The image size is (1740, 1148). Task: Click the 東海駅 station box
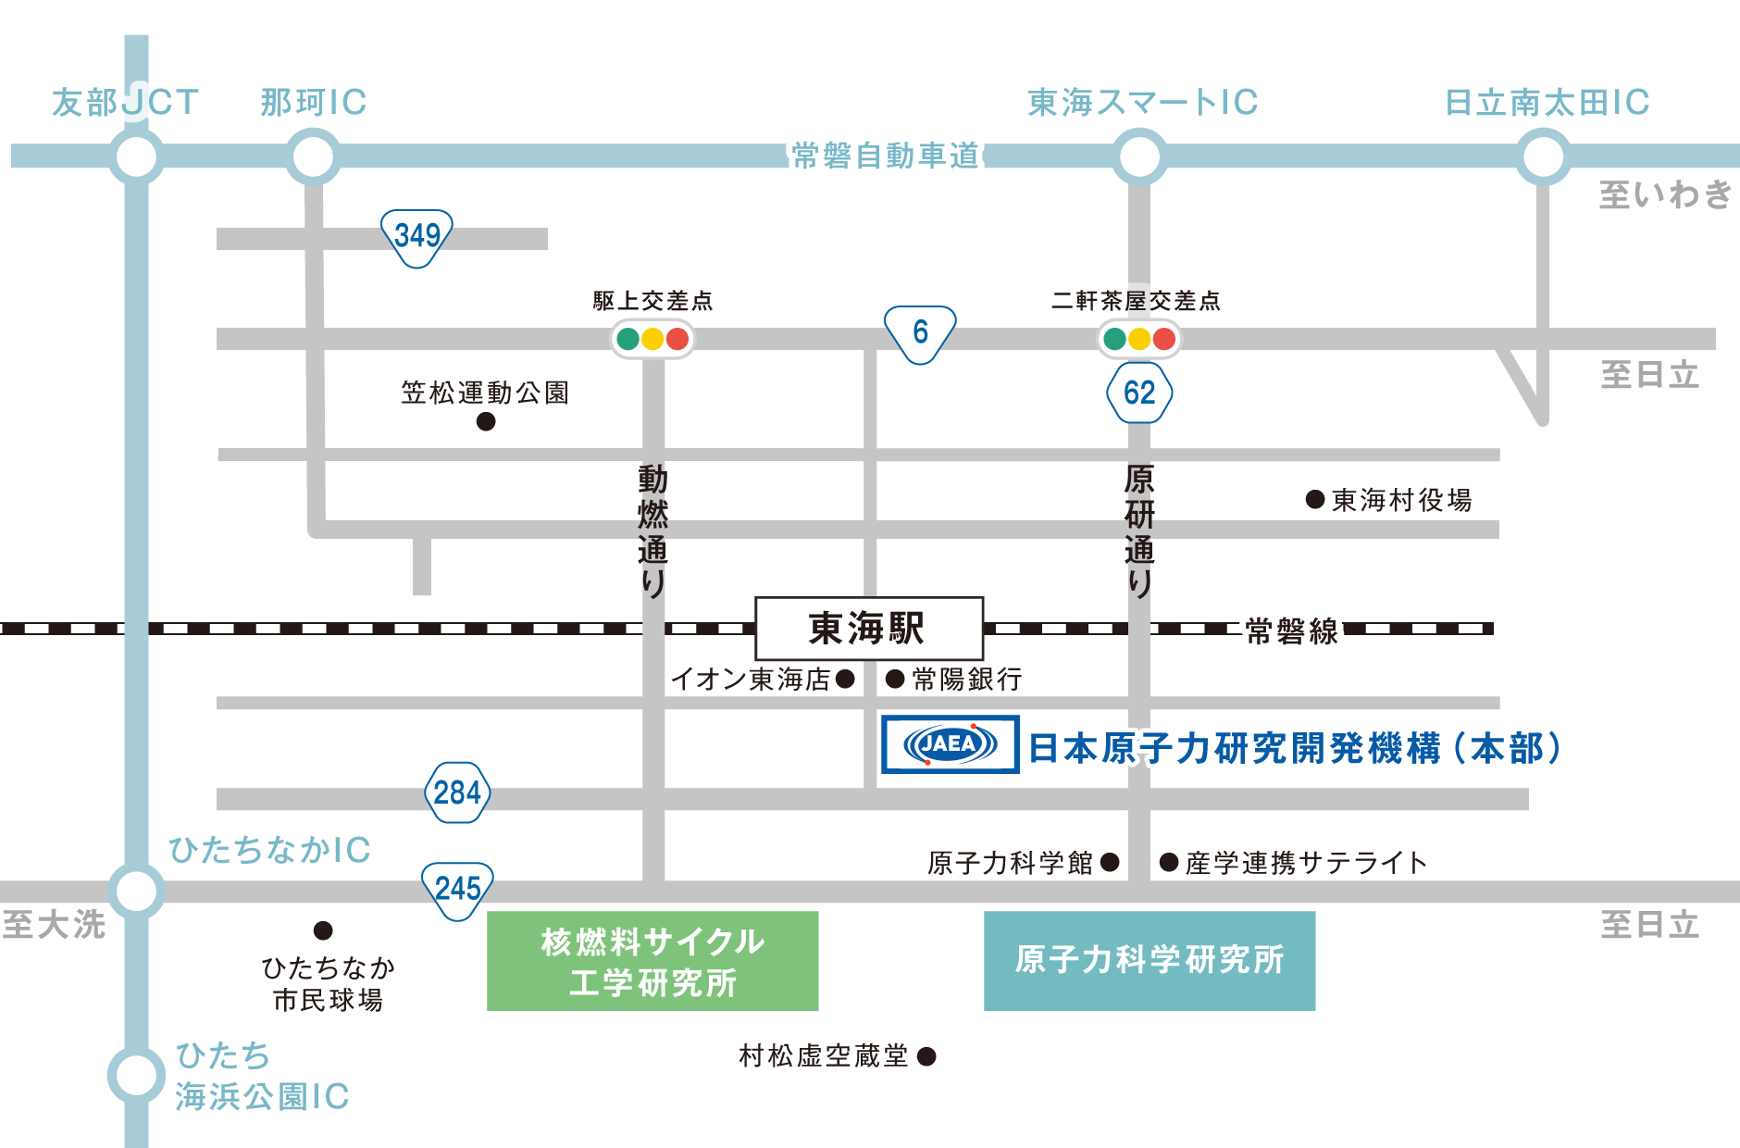pyautogui.click(x=868, y=629)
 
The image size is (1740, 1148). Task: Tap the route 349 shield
pyautogui.click(x=416, y=236)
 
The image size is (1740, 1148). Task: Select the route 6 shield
pyautogui.click(x=920, y=332)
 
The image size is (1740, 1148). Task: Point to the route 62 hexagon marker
pyautogui.click(x=1139, y=393)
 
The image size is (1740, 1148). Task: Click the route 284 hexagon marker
pyautogui.click(x=456, y=792)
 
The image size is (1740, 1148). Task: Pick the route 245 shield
pyautogui.click(x=457, y=890)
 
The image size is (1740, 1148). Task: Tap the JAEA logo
pyautogui.click(x=950, y=743)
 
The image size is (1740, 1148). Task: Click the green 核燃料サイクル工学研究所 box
pyautogui.click(x=652, y=961)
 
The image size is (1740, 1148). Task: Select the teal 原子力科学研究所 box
pyautogui.click(x=1150, y=960)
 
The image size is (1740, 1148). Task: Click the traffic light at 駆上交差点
pyautogui.click(x=652, y=339)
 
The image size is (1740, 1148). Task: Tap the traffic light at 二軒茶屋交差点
pyautogui.click(x=1139, y=339)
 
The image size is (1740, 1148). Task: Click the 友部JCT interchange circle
pyautogui.click(x=137, y=156)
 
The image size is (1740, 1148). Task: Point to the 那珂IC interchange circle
pyautogui.click(x=312, y=156)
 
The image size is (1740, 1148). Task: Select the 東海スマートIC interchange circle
pyautogui.click(x=1139, y=156)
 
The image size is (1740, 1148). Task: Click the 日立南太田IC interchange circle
pyautogui.click(x=1543, y=156)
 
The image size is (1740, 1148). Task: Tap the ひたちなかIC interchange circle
pyautogui.click(x=137, y=892)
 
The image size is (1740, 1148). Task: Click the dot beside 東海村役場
pyautogui.click(x=1314, y=500)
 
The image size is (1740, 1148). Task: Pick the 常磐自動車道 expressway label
pyautogui.click(x=886, y=156)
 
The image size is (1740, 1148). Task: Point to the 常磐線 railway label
pyautogui.click(x=1292, y=631)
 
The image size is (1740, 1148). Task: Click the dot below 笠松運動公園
pyautogui.click(x=486, y=422)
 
